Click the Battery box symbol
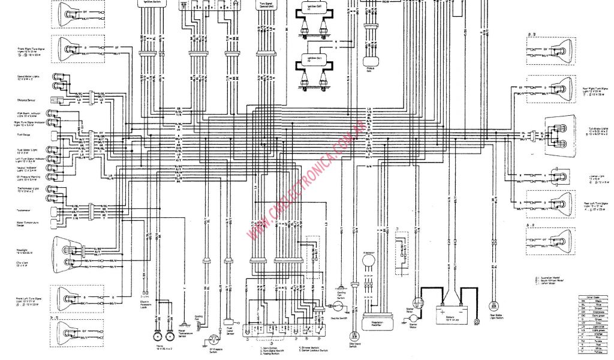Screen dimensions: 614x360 [451, 313]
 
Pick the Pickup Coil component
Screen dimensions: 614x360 [372, 61]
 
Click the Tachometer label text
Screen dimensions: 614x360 [23, 211]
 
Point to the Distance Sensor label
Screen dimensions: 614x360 [27, 100]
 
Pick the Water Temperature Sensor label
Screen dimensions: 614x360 [180, 332]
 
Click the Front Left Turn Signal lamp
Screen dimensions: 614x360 [70, 297]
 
